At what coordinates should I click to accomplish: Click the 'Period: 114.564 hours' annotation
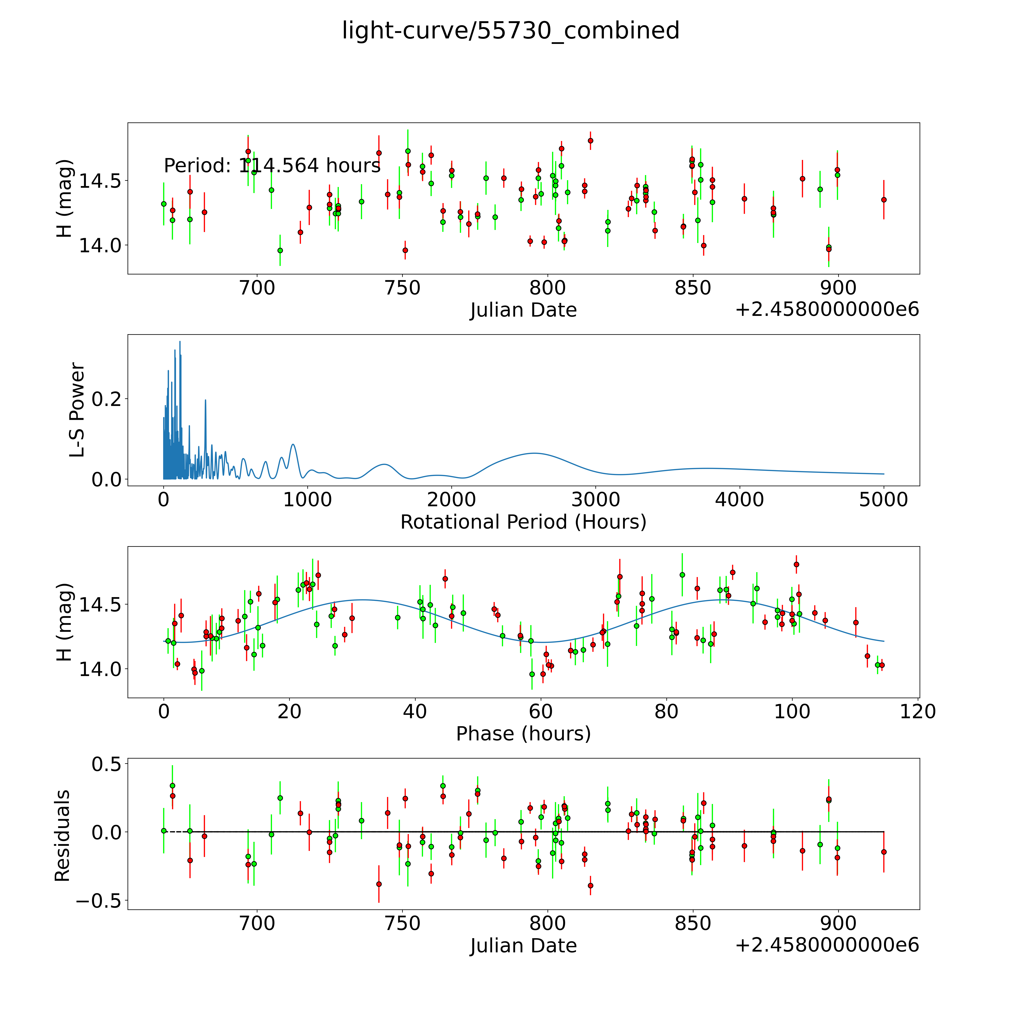272,166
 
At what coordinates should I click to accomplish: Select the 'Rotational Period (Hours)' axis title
523,522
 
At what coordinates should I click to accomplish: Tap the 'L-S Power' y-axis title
77,410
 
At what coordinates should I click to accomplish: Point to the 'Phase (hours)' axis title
523,734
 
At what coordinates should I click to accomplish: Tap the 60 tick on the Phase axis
541,711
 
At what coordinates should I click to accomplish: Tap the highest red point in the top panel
590,141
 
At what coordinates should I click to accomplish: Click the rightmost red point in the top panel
883,199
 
